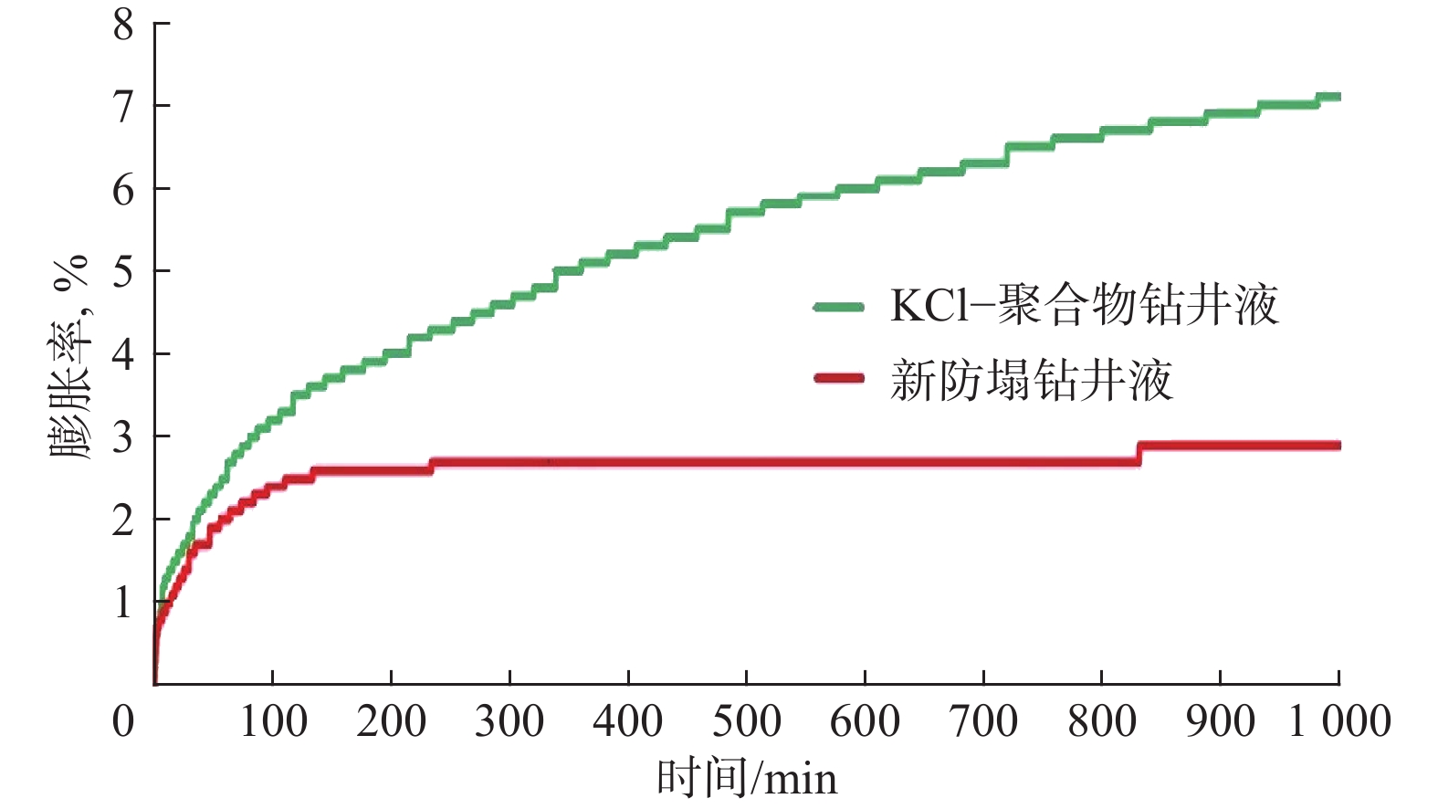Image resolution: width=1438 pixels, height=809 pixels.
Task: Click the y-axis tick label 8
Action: pos(123,25)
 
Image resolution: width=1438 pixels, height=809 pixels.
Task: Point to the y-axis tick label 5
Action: pos(123,271)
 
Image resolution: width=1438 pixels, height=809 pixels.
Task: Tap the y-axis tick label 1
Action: pos(123,603)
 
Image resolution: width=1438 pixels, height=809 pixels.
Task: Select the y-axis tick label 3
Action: pos(123,437)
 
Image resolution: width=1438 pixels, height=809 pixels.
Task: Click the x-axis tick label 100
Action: pos(273,721)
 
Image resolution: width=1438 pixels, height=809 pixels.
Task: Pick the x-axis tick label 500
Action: pos(747,721)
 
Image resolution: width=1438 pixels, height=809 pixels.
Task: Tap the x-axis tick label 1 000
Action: pos(1339,721)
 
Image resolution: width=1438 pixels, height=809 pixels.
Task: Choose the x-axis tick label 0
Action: pos(123,721)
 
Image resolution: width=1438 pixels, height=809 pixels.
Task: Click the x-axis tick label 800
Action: pos(1102,721)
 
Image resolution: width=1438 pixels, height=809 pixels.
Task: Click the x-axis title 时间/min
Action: pos(747,779)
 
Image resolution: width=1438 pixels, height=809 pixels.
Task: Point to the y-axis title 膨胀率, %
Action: pos(70,356)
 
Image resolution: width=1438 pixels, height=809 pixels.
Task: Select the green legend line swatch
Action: pos(838,307)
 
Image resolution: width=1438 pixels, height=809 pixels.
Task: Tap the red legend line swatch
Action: pos(838,378)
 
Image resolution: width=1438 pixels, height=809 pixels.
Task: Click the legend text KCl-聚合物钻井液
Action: pos(1084,305)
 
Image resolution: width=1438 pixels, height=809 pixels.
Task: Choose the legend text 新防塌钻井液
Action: pos(1032,380)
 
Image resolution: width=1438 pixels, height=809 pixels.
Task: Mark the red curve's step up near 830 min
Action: pos(1139,453)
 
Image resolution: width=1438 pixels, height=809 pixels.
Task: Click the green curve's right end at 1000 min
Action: pos(1338,97)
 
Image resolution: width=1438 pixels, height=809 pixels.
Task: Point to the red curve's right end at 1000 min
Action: pos(1338,446)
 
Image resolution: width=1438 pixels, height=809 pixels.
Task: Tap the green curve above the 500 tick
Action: pos(747,212)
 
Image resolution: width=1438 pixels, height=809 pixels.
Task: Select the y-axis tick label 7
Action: pos(123,107)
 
